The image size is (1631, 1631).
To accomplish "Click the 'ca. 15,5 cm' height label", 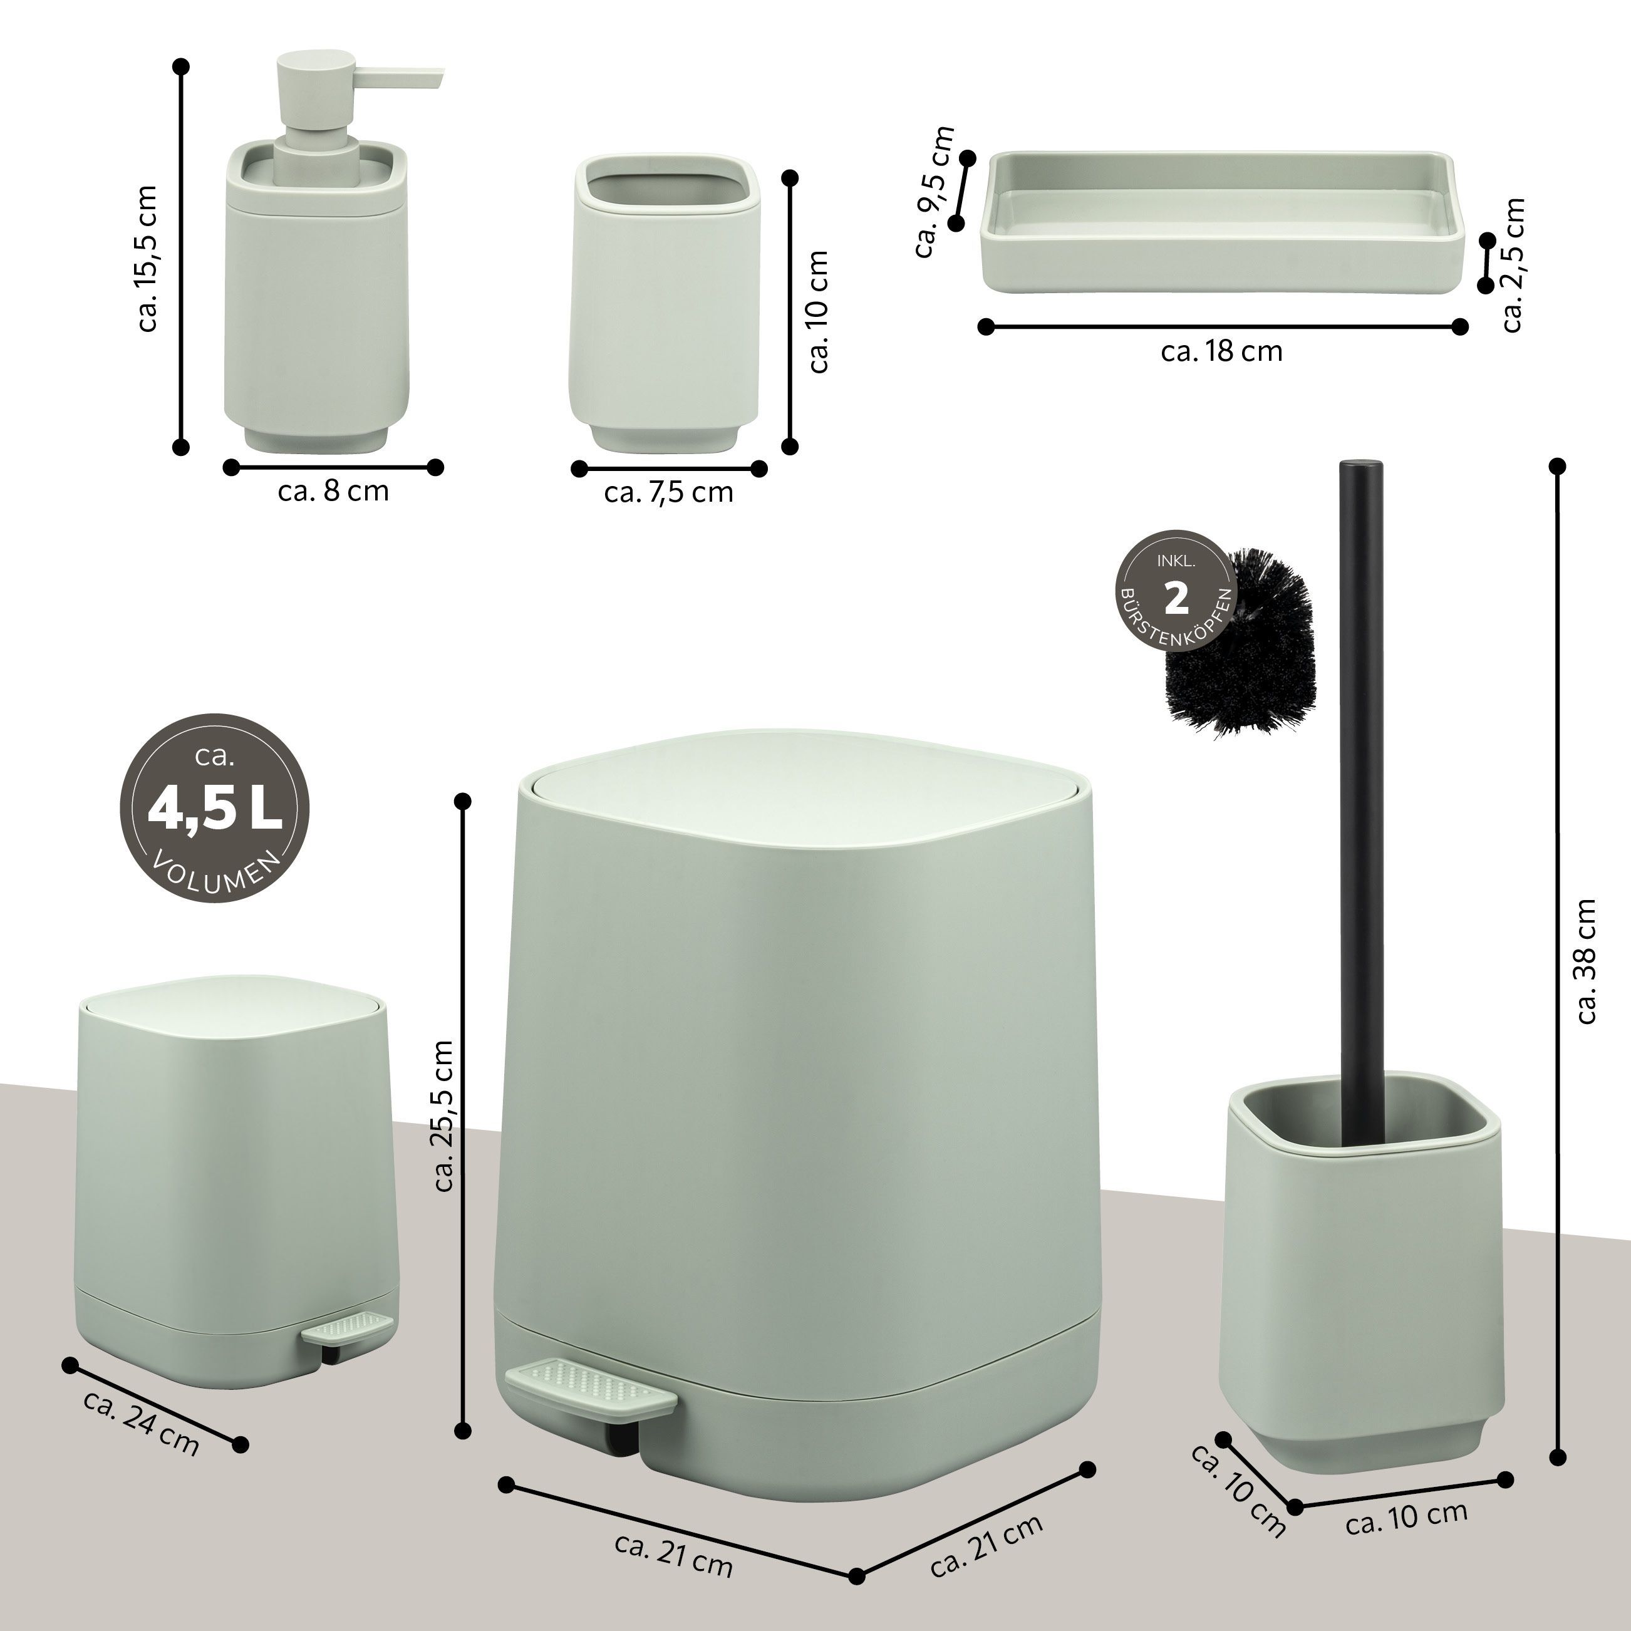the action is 147,258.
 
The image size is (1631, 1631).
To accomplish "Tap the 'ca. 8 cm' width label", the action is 333,490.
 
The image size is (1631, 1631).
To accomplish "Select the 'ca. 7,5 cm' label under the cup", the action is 668,492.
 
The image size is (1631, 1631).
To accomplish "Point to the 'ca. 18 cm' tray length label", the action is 1221,351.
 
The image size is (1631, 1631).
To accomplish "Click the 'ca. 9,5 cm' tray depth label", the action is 935,192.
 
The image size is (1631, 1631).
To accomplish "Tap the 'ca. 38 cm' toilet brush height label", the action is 1587,961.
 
